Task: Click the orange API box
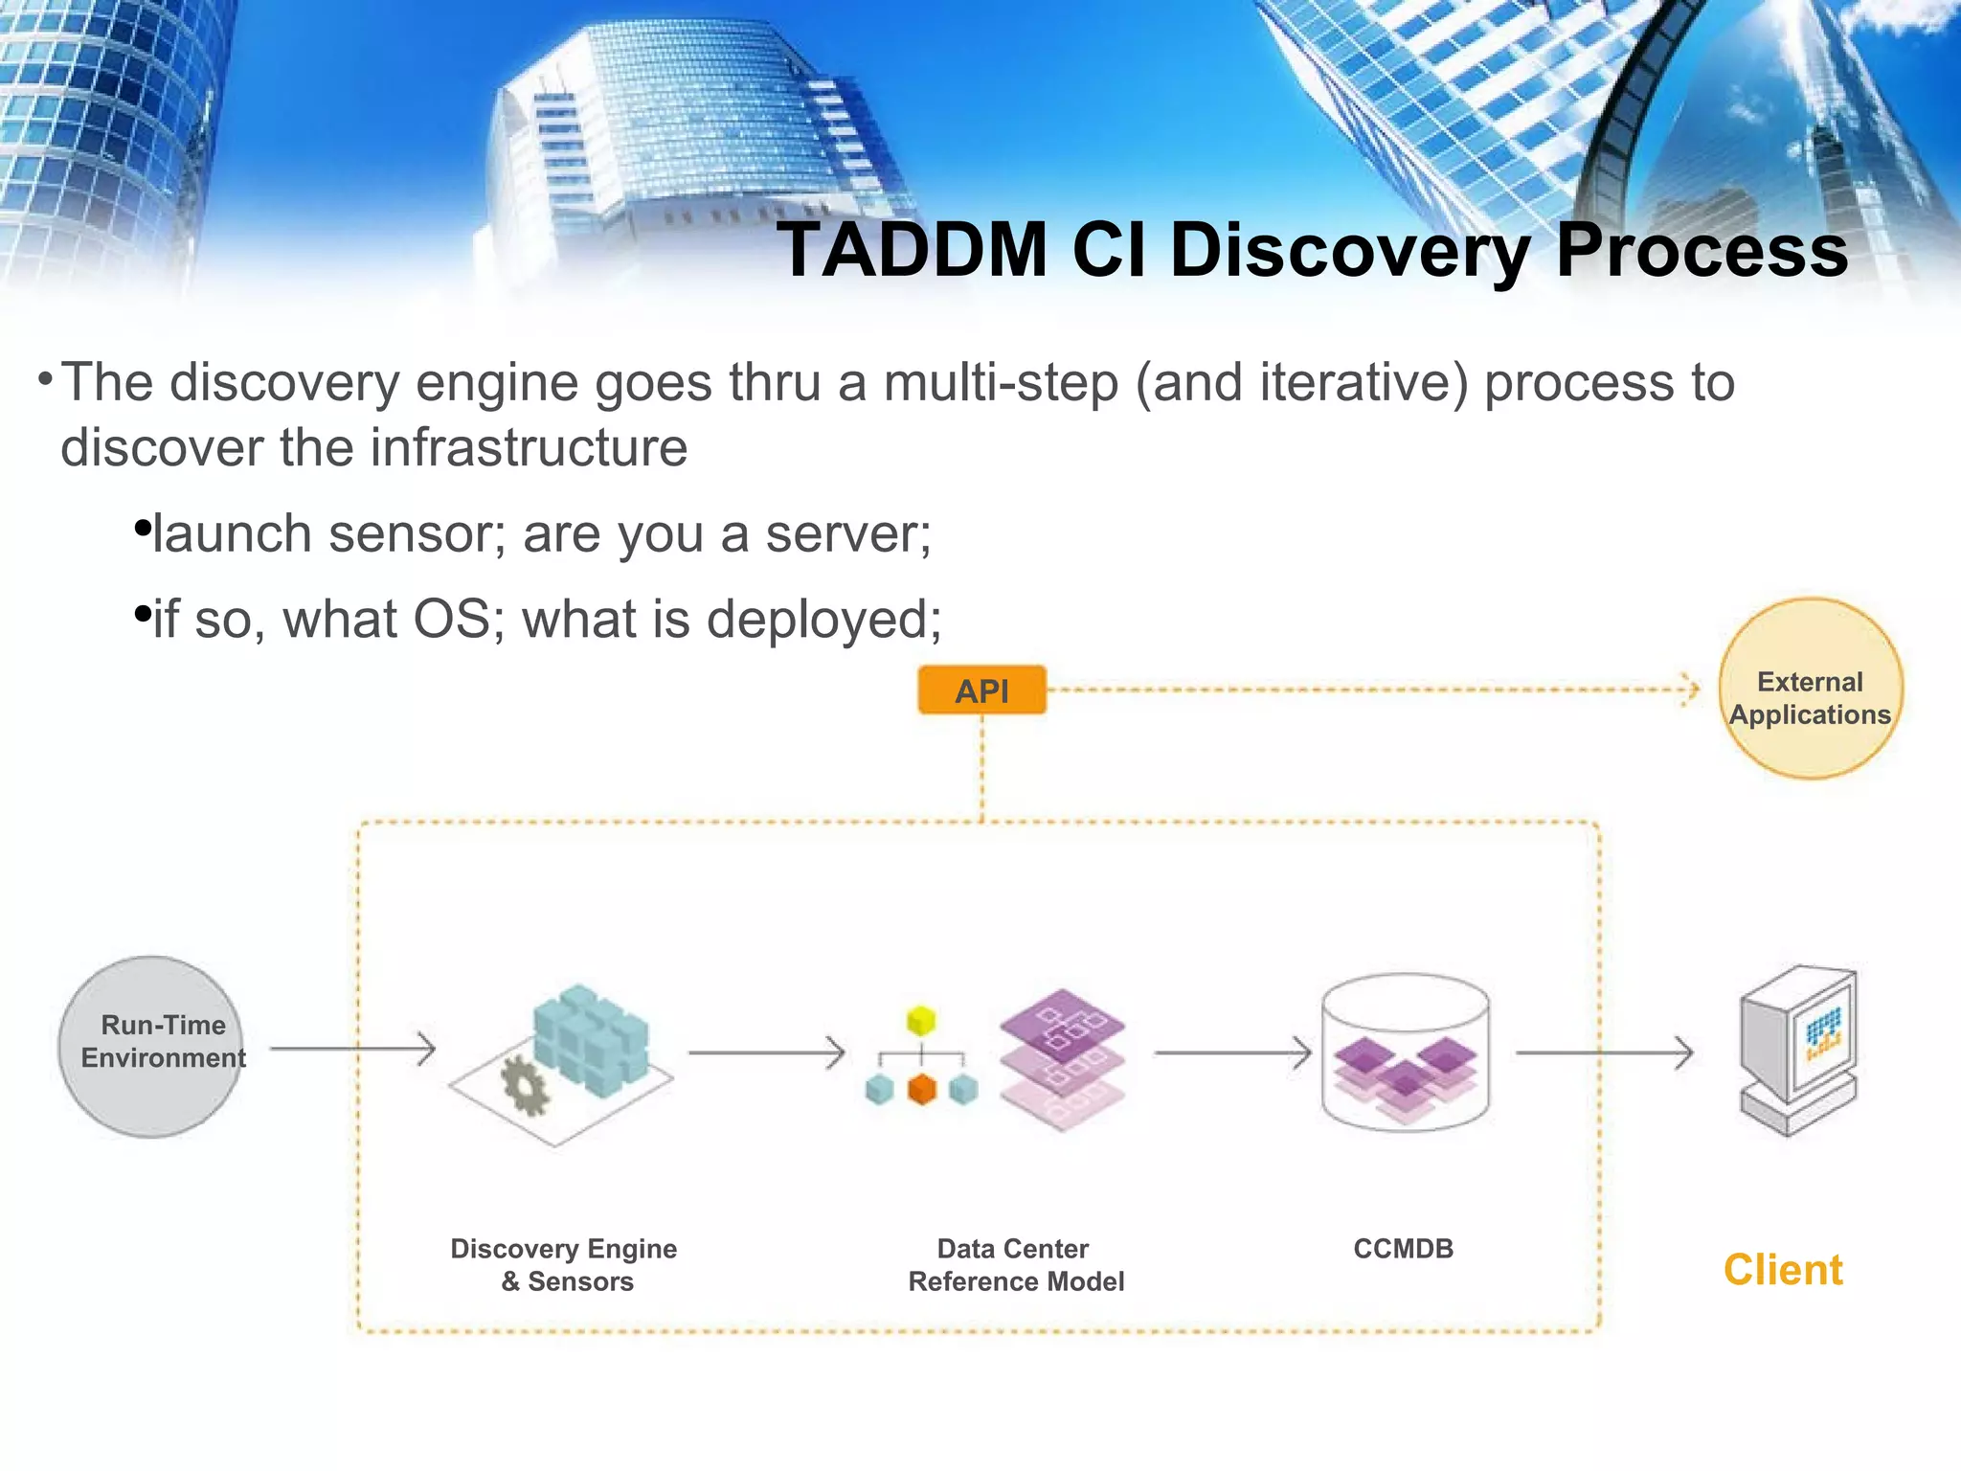[x=981, y=690]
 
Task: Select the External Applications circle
[x=1810, y=690]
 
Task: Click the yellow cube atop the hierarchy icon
[x=921, y=1021]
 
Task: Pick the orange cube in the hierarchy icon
[x=921, y=1089]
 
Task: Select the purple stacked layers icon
[x=1062, y=1058]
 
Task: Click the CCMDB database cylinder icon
[x=1405, y=1053]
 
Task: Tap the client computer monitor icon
[x=1798, y=1052]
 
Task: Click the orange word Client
[x=1782, y=1270]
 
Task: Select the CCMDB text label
[x=1403, y=1249]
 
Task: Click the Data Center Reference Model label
[x=1015, y=1265]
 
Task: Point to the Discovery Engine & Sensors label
[x=565, y=1265]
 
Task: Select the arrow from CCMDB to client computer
[x=1604, y=1053]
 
